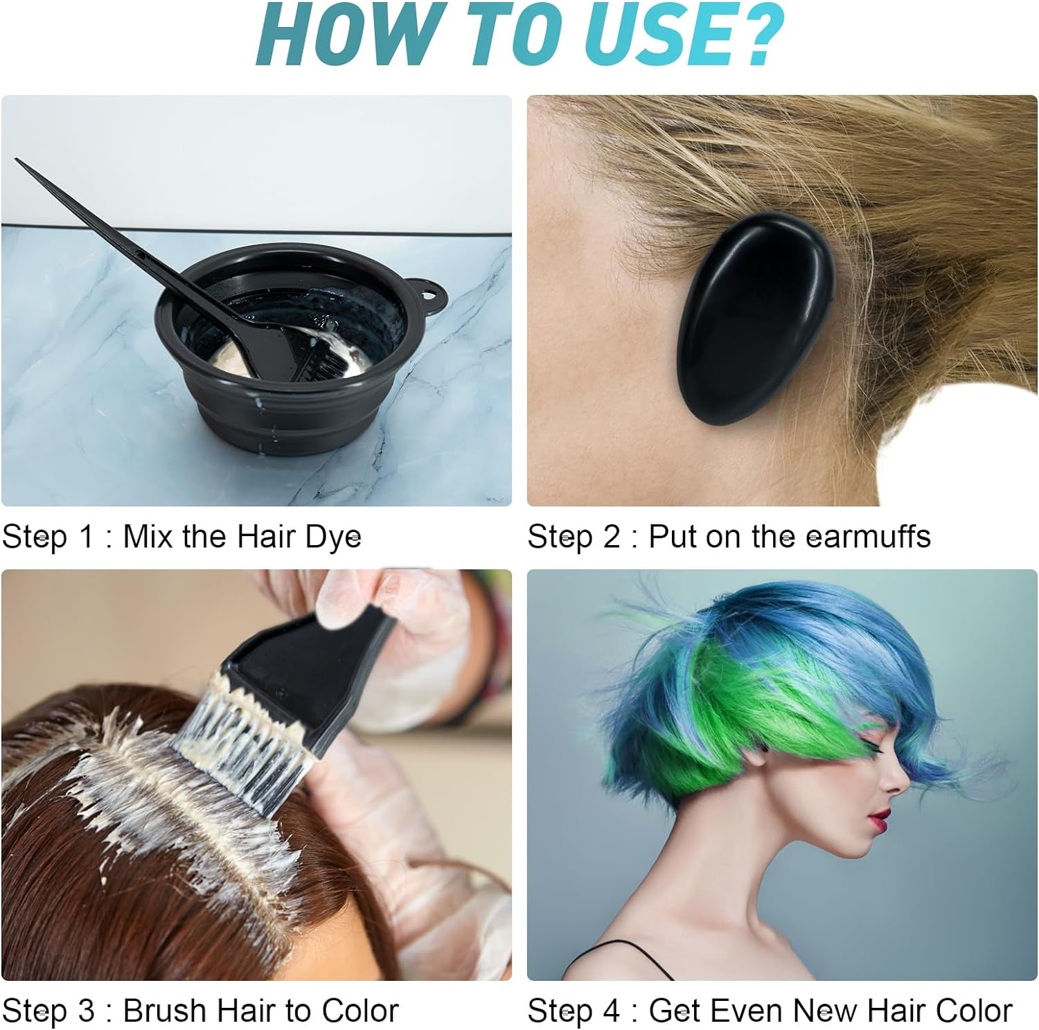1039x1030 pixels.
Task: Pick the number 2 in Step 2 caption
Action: [x=611, y=537]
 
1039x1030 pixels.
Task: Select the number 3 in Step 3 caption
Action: [x=85, y=1011]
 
